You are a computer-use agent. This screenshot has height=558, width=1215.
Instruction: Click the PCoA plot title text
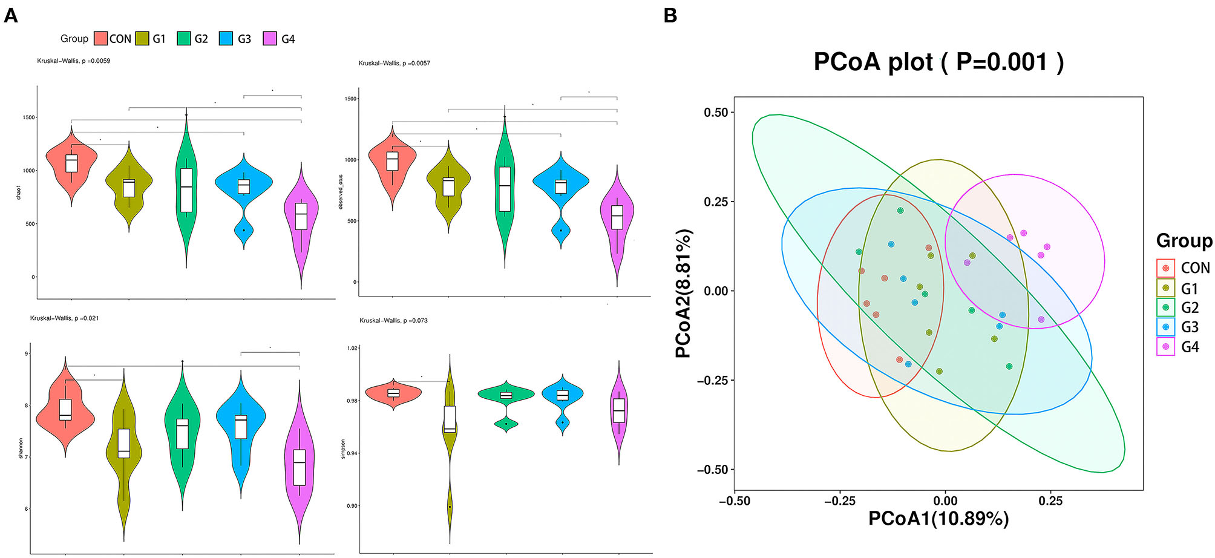pyautogui.click(x=938, y=62)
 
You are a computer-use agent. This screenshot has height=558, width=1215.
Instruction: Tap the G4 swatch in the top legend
pyautogui.click(x=270, y=39)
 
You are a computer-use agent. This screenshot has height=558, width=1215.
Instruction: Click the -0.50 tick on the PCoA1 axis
pyautogui.click(x=735, y=501)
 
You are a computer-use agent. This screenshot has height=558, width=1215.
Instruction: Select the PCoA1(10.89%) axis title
pyautogui.click(x=938, y=519)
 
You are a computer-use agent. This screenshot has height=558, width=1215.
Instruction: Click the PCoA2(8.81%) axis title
pyautogui.click(x=684, y=294)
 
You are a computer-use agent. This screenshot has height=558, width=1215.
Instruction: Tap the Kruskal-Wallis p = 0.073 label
pyautogui.click(x=393, y=320)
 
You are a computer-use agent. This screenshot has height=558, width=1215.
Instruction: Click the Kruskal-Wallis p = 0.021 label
pyautogui.click(x=65, y=318)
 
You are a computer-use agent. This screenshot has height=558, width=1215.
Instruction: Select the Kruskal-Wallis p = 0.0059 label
pyautogui.click(x=74, y=61)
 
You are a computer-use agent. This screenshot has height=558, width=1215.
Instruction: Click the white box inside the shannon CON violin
pyautogui.click(x=65, y=409)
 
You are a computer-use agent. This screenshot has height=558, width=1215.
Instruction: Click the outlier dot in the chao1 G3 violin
pyautogui.click(x=244, y=230)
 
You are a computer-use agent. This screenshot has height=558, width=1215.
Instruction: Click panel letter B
pyautogui.click(x=670, y=15)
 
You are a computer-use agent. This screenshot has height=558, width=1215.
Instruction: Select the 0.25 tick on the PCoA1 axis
pyautogui.click(x=1050, y=501)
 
